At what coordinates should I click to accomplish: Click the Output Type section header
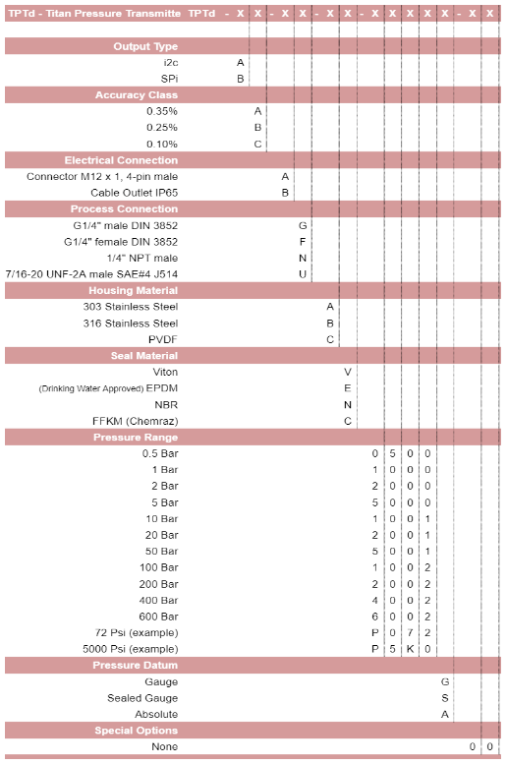coord(145,46)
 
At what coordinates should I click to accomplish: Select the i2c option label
coord(171,62)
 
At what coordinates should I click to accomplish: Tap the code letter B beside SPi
coord(241,79)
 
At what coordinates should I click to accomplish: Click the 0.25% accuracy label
coord(162,128)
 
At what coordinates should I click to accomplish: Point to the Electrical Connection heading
coord(122,160)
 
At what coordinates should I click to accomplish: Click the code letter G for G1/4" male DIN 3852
coord(304,225)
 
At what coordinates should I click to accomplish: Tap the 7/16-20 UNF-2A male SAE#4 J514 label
coord(91,273)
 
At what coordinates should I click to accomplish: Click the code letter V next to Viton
coord(348,372)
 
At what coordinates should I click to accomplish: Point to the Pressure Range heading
coord(136,437)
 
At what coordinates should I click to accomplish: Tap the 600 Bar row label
coord(158,617)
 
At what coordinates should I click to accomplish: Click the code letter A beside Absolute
coord(445,714)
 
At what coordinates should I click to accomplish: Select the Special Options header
coord(137,731)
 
